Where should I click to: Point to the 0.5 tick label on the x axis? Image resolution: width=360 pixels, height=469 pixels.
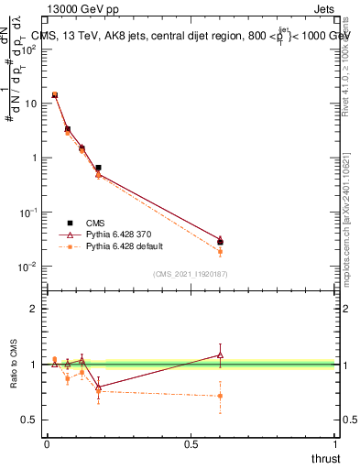191,443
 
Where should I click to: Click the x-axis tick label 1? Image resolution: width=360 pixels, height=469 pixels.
335,443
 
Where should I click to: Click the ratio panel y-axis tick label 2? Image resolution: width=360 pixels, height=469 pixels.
34,309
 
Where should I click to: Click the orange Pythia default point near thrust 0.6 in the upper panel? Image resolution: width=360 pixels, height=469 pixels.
220,251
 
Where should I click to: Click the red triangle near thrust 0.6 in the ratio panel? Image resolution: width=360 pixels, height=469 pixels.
220,354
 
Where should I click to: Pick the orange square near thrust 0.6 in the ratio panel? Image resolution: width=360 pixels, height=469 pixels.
220,396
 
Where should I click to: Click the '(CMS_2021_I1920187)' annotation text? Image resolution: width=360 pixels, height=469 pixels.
190,274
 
